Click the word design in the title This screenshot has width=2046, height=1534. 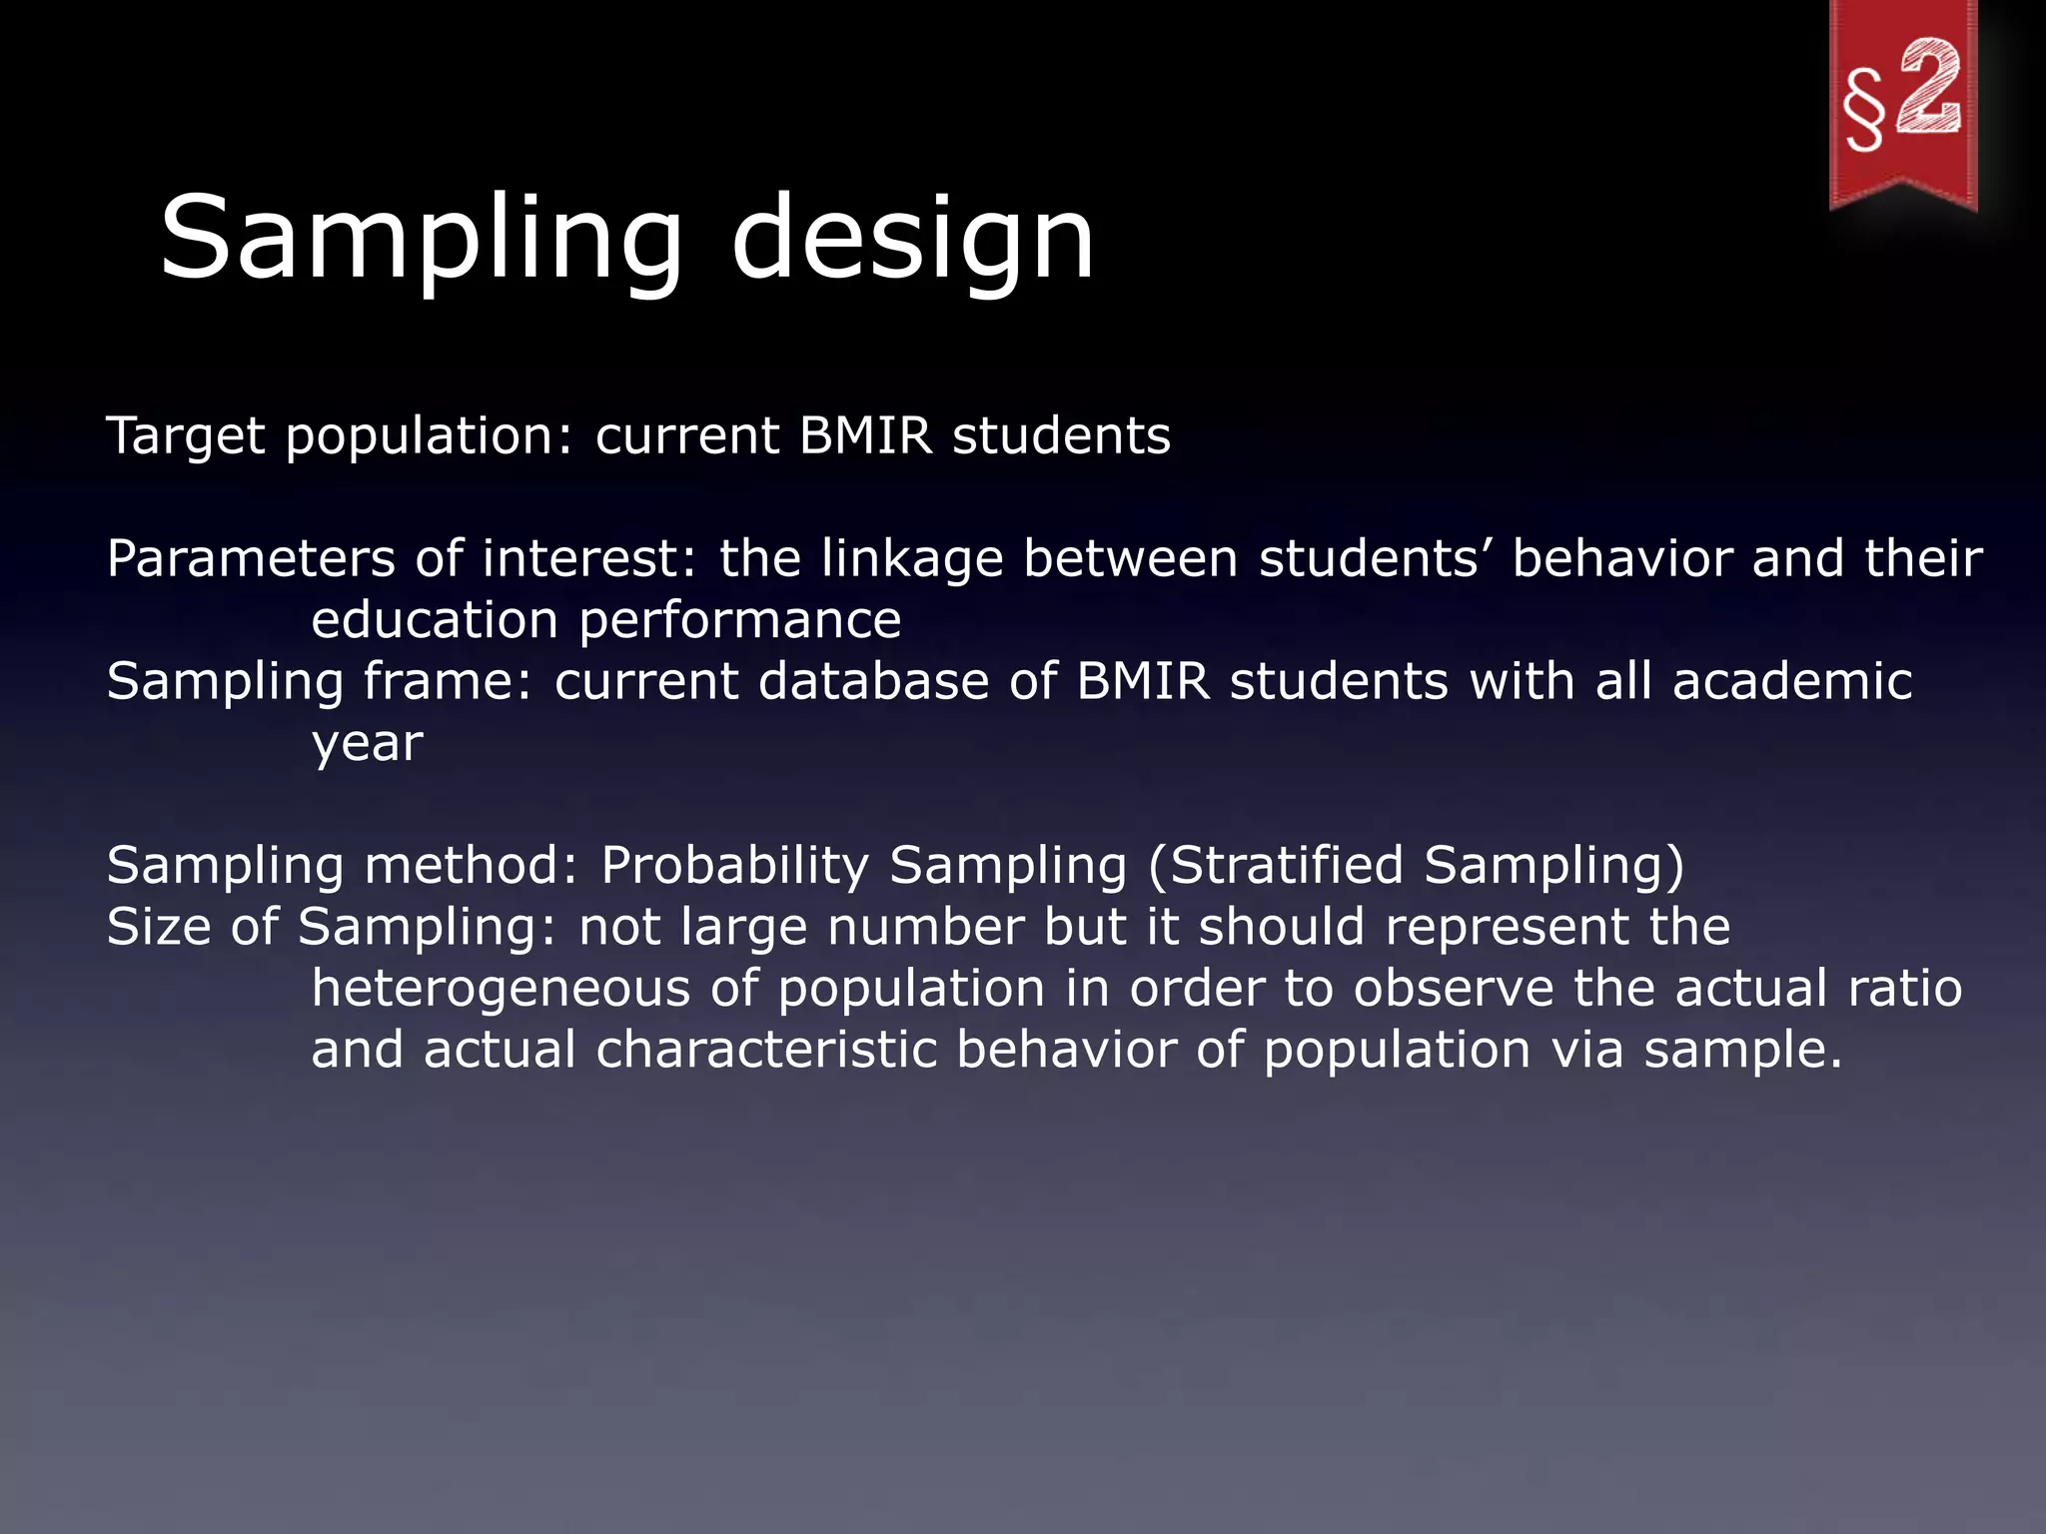pos(912,240)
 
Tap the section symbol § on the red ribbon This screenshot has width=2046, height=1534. pos(1864,110)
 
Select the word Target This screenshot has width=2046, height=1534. pos(186,436)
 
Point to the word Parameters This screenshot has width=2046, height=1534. pos(251,558)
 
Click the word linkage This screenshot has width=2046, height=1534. pos(912,559)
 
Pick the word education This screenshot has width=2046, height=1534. pos(435,620)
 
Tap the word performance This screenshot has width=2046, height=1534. pos(740,622)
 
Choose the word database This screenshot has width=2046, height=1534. pos(873,681)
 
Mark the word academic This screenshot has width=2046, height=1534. pos(1792,681)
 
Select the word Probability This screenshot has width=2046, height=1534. pos(734,866)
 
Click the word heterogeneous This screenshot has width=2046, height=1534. pos(501,989)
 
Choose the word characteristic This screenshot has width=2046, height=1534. pos(766,1050)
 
